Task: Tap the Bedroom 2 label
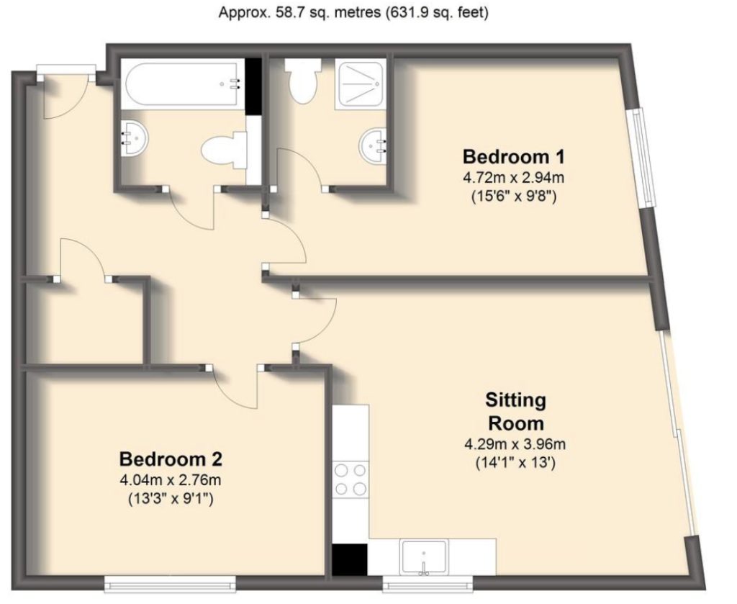pos(171,459)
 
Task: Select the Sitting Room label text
pos(515,410)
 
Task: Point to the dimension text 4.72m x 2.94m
pos(509,177)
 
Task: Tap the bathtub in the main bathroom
pos(183,84)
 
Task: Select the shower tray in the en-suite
pos(361,84)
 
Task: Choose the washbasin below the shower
pos(372,145)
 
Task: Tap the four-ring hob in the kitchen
pos(351,479)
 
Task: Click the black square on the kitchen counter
pos(350,559)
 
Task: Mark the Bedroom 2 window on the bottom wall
pos(170,580)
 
